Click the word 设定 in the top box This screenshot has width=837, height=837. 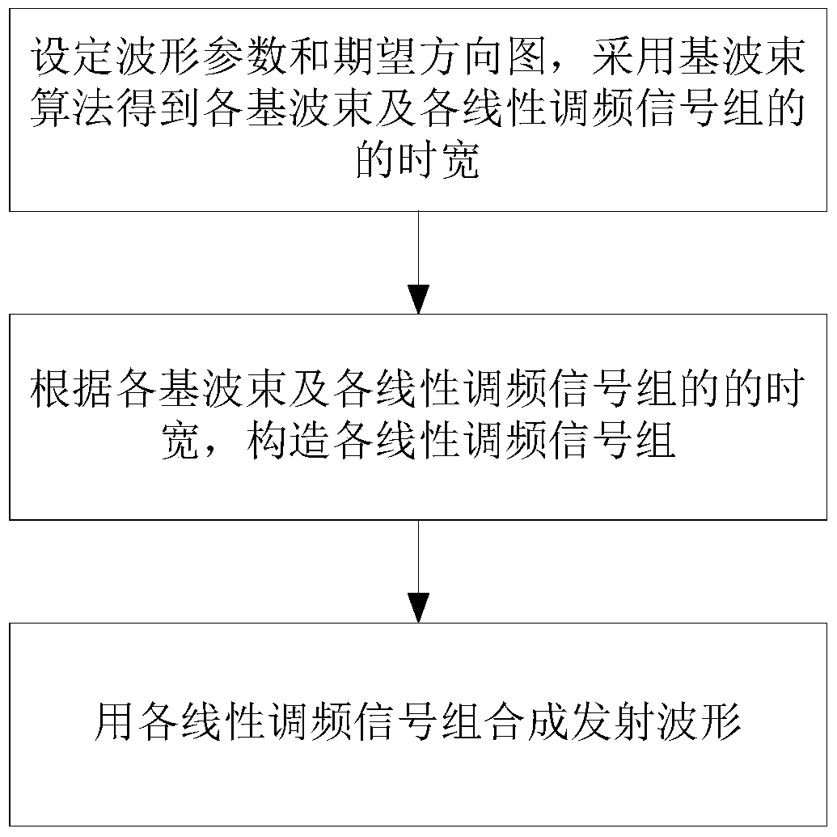(71, 61)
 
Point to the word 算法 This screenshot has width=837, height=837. (71, 112)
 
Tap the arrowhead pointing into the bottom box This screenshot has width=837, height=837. (418, 607)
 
